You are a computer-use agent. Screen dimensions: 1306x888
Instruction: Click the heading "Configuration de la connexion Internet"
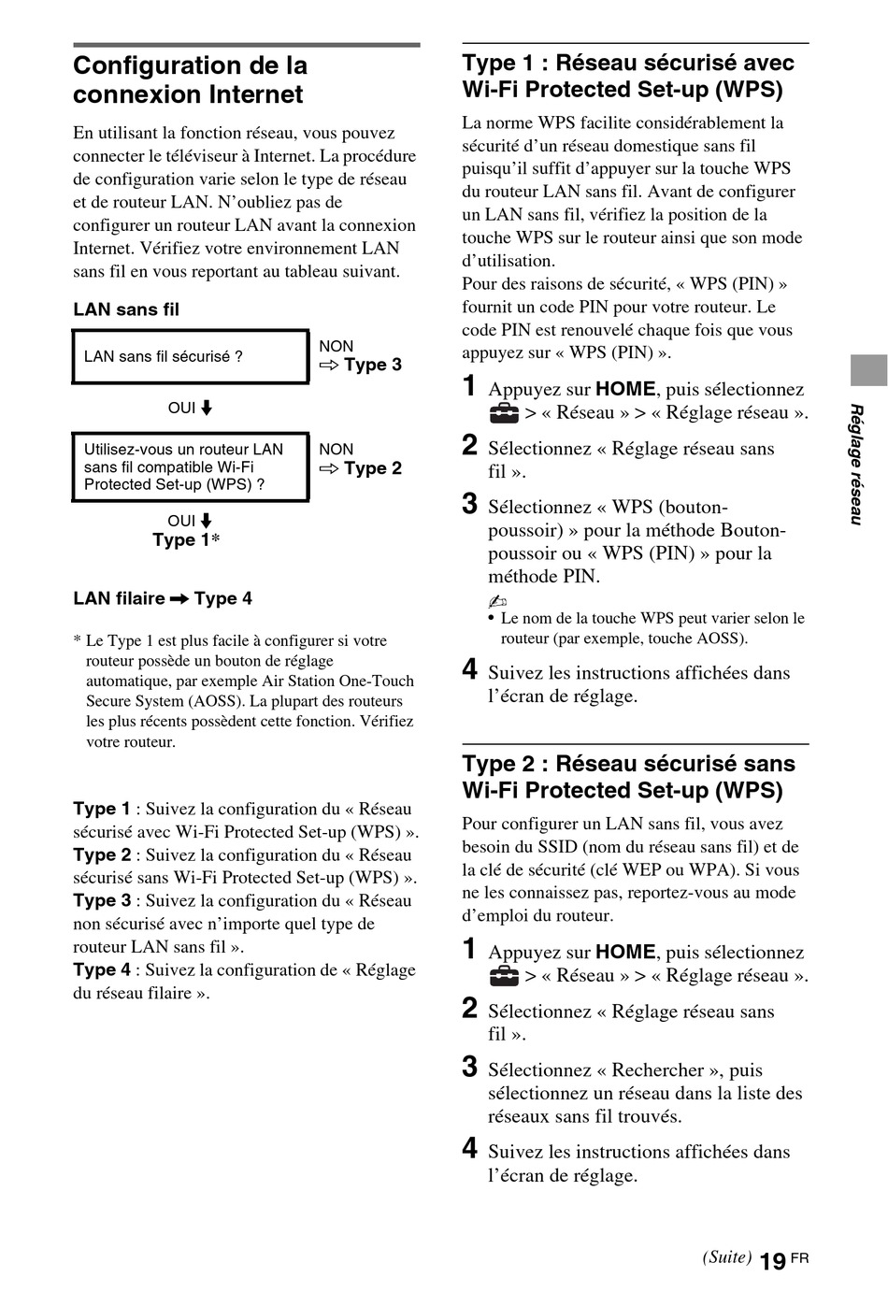click(190, 80)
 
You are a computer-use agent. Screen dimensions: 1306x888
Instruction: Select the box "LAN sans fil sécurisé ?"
click(191, 356)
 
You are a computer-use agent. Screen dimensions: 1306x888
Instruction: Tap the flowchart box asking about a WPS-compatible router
click(191, 466)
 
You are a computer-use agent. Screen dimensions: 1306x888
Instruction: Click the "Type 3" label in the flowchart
click(372, 365)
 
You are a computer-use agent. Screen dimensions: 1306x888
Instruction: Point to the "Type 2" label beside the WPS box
click(372, 468)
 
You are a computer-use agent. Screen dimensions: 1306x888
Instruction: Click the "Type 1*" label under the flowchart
click(186, 540)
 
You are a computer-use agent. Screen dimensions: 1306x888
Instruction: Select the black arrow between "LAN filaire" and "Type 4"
click(179, 599)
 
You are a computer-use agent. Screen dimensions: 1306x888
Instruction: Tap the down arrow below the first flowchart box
click(207, 409)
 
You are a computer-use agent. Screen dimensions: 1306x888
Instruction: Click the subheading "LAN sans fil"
click(126, 309)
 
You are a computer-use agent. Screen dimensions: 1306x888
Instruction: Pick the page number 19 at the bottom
click(772, 1262)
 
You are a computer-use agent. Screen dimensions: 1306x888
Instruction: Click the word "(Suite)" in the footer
click(726, 1257)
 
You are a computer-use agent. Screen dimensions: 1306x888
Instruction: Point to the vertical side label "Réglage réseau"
click(855, 465)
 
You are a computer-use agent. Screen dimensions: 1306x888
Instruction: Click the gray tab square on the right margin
click(868, 370)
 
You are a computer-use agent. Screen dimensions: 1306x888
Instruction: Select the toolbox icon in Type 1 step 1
click(504, 413)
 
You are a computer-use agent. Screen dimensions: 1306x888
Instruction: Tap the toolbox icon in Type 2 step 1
click(504, 976)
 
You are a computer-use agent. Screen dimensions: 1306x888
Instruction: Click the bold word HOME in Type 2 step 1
click(625, 953)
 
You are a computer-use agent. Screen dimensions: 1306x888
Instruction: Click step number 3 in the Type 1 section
click(470, 505)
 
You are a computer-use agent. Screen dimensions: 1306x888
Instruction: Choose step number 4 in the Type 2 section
click(470, 1149)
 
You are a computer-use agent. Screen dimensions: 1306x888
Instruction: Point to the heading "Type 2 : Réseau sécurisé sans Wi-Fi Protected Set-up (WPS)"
click(628, 777)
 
